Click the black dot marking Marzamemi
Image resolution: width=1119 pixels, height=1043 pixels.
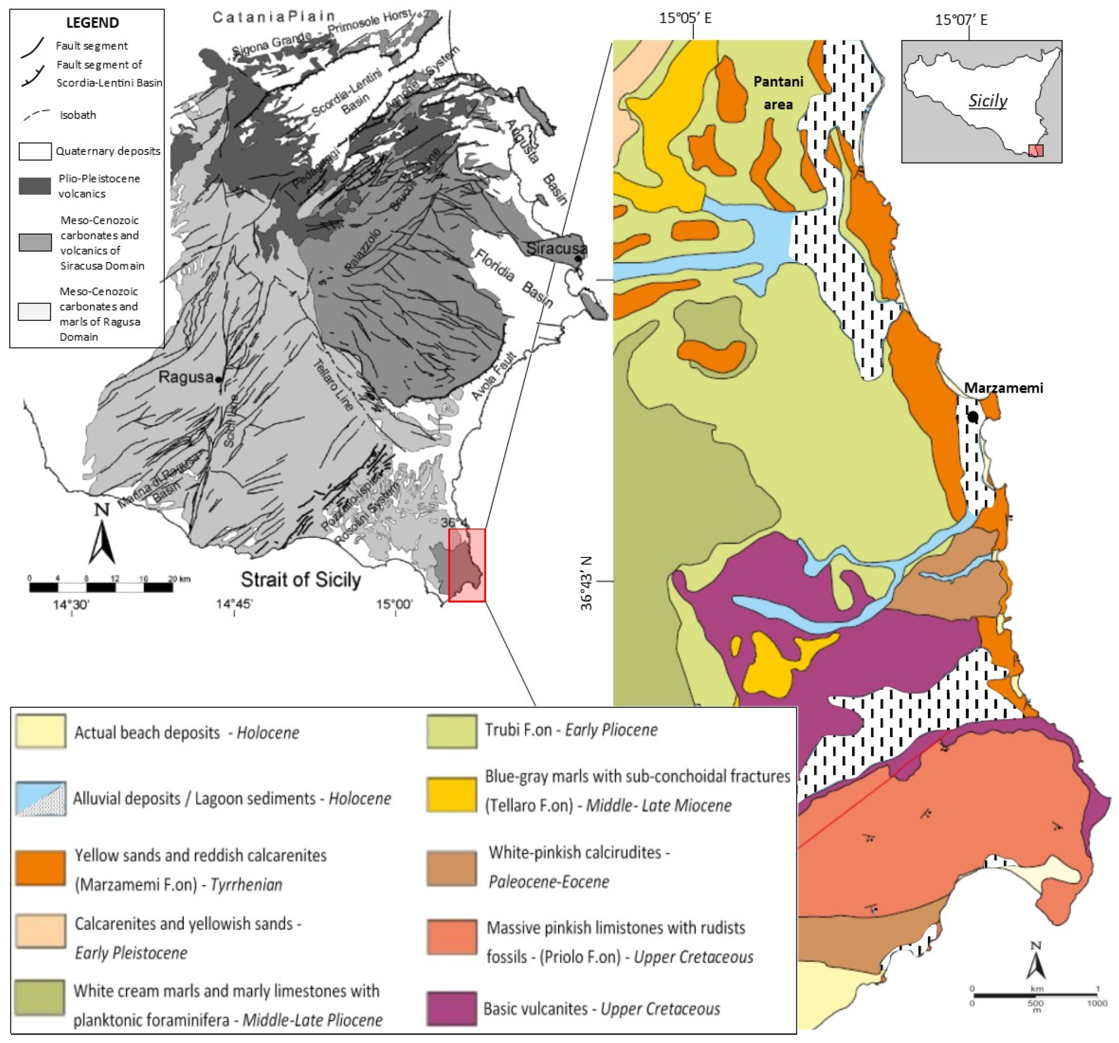tap(973, 417)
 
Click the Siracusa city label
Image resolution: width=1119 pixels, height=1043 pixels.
tap(556, 248)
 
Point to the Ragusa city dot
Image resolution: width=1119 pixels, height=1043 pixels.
tap(219, 380)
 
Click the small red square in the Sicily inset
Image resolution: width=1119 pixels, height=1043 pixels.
tap(1036, 150)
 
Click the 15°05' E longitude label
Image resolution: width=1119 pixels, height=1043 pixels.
tap(685, 18)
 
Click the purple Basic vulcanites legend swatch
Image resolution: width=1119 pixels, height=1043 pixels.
tap(451, 1009)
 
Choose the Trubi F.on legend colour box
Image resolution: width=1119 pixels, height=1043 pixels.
tap(451, 731)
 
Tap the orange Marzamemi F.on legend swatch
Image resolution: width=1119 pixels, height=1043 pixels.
tap(40, 868)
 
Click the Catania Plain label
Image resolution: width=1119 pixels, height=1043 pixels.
tap(274, 17)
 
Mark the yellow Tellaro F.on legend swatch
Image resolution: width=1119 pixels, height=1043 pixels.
tap(451, 794)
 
